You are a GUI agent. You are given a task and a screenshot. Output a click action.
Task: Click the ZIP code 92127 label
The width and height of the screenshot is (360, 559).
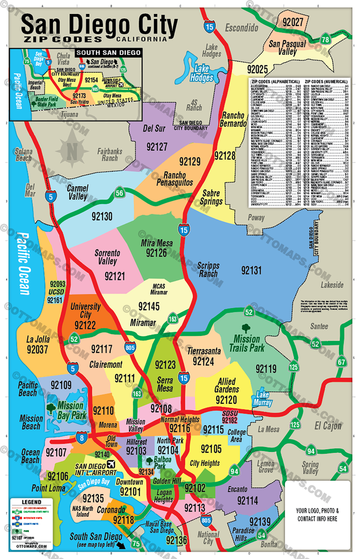(x=156, y=147)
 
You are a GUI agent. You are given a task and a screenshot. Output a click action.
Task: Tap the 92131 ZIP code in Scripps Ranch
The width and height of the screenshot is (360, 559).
(x=251, y=270)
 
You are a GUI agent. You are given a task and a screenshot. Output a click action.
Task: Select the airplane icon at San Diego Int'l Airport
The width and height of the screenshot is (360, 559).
(x=111, y=464)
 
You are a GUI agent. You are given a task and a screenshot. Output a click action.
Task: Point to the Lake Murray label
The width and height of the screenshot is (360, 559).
(x=263, y=399)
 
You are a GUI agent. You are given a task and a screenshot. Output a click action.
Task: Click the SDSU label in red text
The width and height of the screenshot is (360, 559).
(x=230, y=413)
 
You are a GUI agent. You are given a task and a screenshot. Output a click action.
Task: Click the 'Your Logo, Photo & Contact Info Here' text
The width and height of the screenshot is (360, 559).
(x=317, y=514)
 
